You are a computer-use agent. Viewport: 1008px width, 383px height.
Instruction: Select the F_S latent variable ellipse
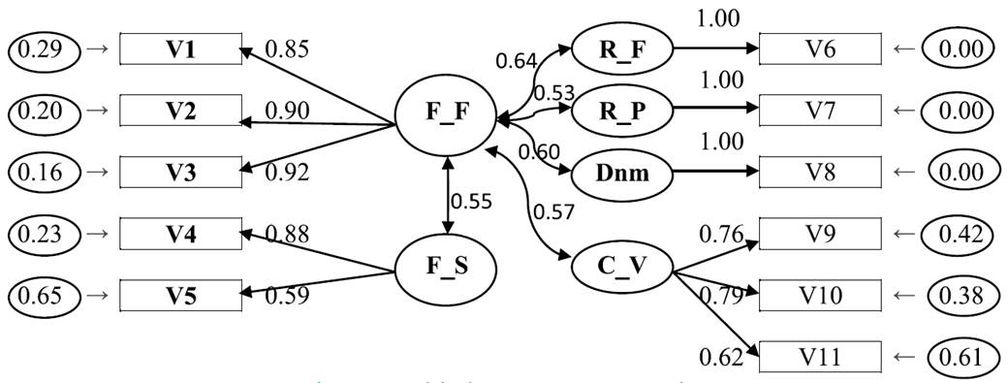(x=447, y=267)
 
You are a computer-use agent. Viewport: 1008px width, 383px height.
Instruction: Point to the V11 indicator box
(x=820, y=357)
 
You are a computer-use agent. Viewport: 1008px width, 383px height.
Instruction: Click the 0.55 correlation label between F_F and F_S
(x=472, y=203)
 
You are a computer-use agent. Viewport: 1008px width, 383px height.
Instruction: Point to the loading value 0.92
(x=286, y=174)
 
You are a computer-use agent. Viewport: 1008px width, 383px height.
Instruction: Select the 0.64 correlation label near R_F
(x=517, y=61)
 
